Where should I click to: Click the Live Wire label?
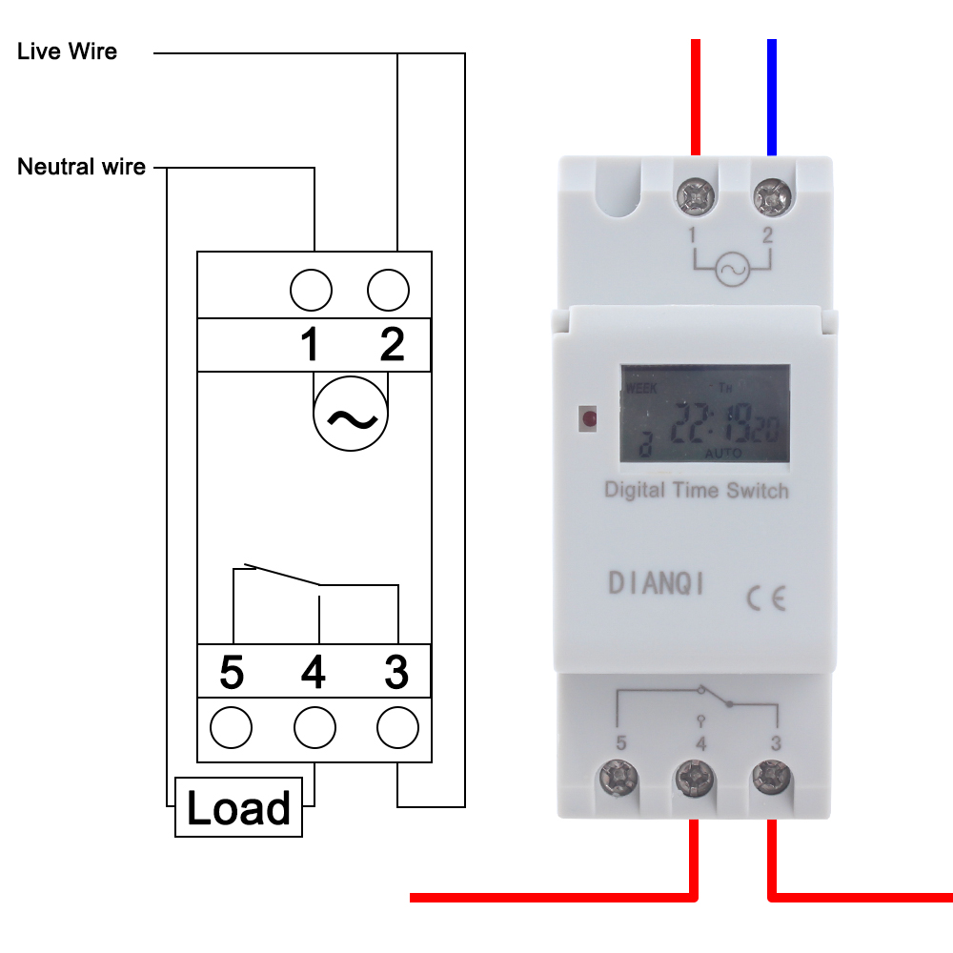tap(67, 51)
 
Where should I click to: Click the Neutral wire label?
tap(82, 168)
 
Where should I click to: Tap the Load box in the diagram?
tap(238, 808)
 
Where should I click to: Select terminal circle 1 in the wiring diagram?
tap(311, 290)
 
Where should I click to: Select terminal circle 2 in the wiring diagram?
tap(388, 290)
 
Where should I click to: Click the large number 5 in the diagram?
tap(232, 673)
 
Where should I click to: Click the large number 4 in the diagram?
tap(313, 673)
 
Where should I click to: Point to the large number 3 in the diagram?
tap(396, 673)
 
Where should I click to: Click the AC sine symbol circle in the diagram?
tap(352, 416)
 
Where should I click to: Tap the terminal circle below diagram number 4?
tap(315, 730)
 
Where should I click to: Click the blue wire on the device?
tap(771, 95)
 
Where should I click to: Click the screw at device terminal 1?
tap(696, 196)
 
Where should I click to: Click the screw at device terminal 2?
tap(770, 196)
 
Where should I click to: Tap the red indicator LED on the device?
tap(589, 417)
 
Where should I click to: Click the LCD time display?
tap(704, 415)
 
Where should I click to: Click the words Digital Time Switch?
tap(697, 491)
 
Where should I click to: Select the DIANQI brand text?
tap(657, 583)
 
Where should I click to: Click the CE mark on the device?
tap(765, 598)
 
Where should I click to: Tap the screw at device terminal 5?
tap(620, 780)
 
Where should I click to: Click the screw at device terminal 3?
tap(770, 778)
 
